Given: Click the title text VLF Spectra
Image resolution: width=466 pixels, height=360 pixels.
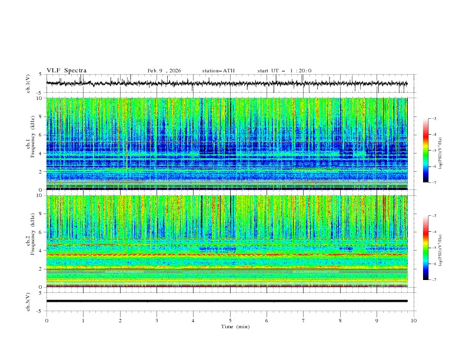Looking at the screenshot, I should click(66, 71).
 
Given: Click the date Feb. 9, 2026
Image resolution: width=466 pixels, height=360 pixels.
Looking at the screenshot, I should click(164, 71).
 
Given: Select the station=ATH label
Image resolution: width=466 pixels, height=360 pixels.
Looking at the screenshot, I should click(218, 71).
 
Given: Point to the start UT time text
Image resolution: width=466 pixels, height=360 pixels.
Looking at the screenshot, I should click(285, 71).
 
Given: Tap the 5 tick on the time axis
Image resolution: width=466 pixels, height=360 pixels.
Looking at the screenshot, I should click(230, 321).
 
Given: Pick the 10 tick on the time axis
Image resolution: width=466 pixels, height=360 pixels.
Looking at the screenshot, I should click(414, 321).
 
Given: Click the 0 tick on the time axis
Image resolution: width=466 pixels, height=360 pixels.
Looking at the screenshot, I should click(46, 321).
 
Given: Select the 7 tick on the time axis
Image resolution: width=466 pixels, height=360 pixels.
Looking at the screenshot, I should click(304, 321).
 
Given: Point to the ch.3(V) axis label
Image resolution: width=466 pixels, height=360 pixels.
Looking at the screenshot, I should click(28, 301).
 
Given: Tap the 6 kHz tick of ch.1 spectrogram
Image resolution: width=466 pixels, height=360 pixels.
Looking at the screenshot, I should click(41, 135).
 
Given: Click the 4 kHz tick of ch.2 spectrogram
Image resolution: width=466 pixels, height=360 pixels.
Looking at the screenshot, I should click(41, 251).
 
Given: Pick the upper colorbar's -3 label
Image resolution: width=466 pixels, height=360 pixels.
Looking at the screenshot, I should click(434, 119).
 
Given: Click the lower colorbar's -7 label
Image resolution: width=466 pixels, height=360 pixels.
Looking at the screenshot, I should click(434, 280).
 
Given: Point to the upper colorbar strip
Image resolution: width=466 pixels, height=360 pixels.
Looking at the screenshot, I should click(425, 151).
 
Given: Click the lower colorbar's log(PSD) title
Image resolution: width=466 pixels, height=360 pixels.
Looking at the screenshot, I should click(441, 248).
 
